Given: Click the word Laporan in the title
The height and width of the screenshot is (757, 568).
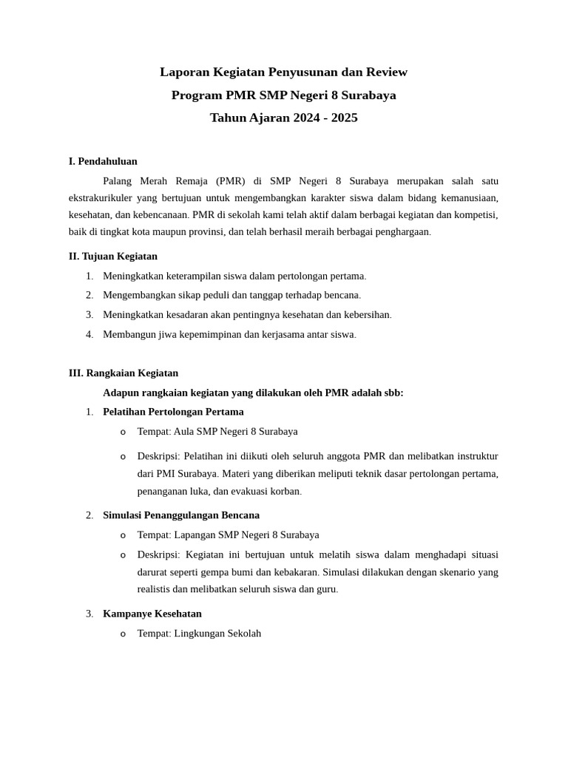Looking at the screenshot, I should click(x=182, y=72).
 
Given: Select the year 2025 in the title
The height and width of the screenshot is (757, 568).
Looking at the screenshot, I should click(x=344, y=118).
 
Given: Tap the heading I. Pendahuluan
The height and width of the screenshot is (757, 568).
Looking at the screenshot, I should click(x=103, y=161).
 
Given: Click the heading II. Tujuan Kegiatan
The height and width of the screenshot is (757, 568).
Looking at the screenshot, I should click(x=112, y=257).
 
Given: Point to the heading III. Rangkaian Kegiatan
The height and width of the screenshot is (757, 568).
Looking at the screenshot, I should click(x=123, y=373).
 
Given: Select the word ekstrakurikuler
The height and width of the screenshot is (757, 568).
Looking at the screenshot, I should click(x=102, y=198).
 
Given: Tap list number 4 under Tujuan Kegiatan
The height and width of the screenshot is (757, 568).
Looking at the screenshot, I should click(x=89, y=335).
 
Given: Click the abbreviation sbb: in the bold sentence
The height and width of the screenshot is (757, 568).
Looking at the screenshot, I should click(x=392, y=393).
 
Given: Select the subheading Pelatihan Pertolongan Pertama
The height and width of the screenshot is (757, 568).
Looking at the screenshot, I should click(x=173, y=412).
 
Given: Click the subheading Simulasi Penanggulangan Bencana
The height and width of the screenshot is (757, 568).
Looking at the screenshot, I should click(x=181, y=515).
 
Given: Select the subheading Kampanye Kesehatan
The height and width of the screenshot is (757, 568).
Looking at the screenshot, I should click(x=152, y=614).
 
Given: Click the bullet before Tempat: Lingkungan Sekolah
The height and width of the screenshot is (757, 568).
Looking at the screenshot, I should click(x=123, y=634).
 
